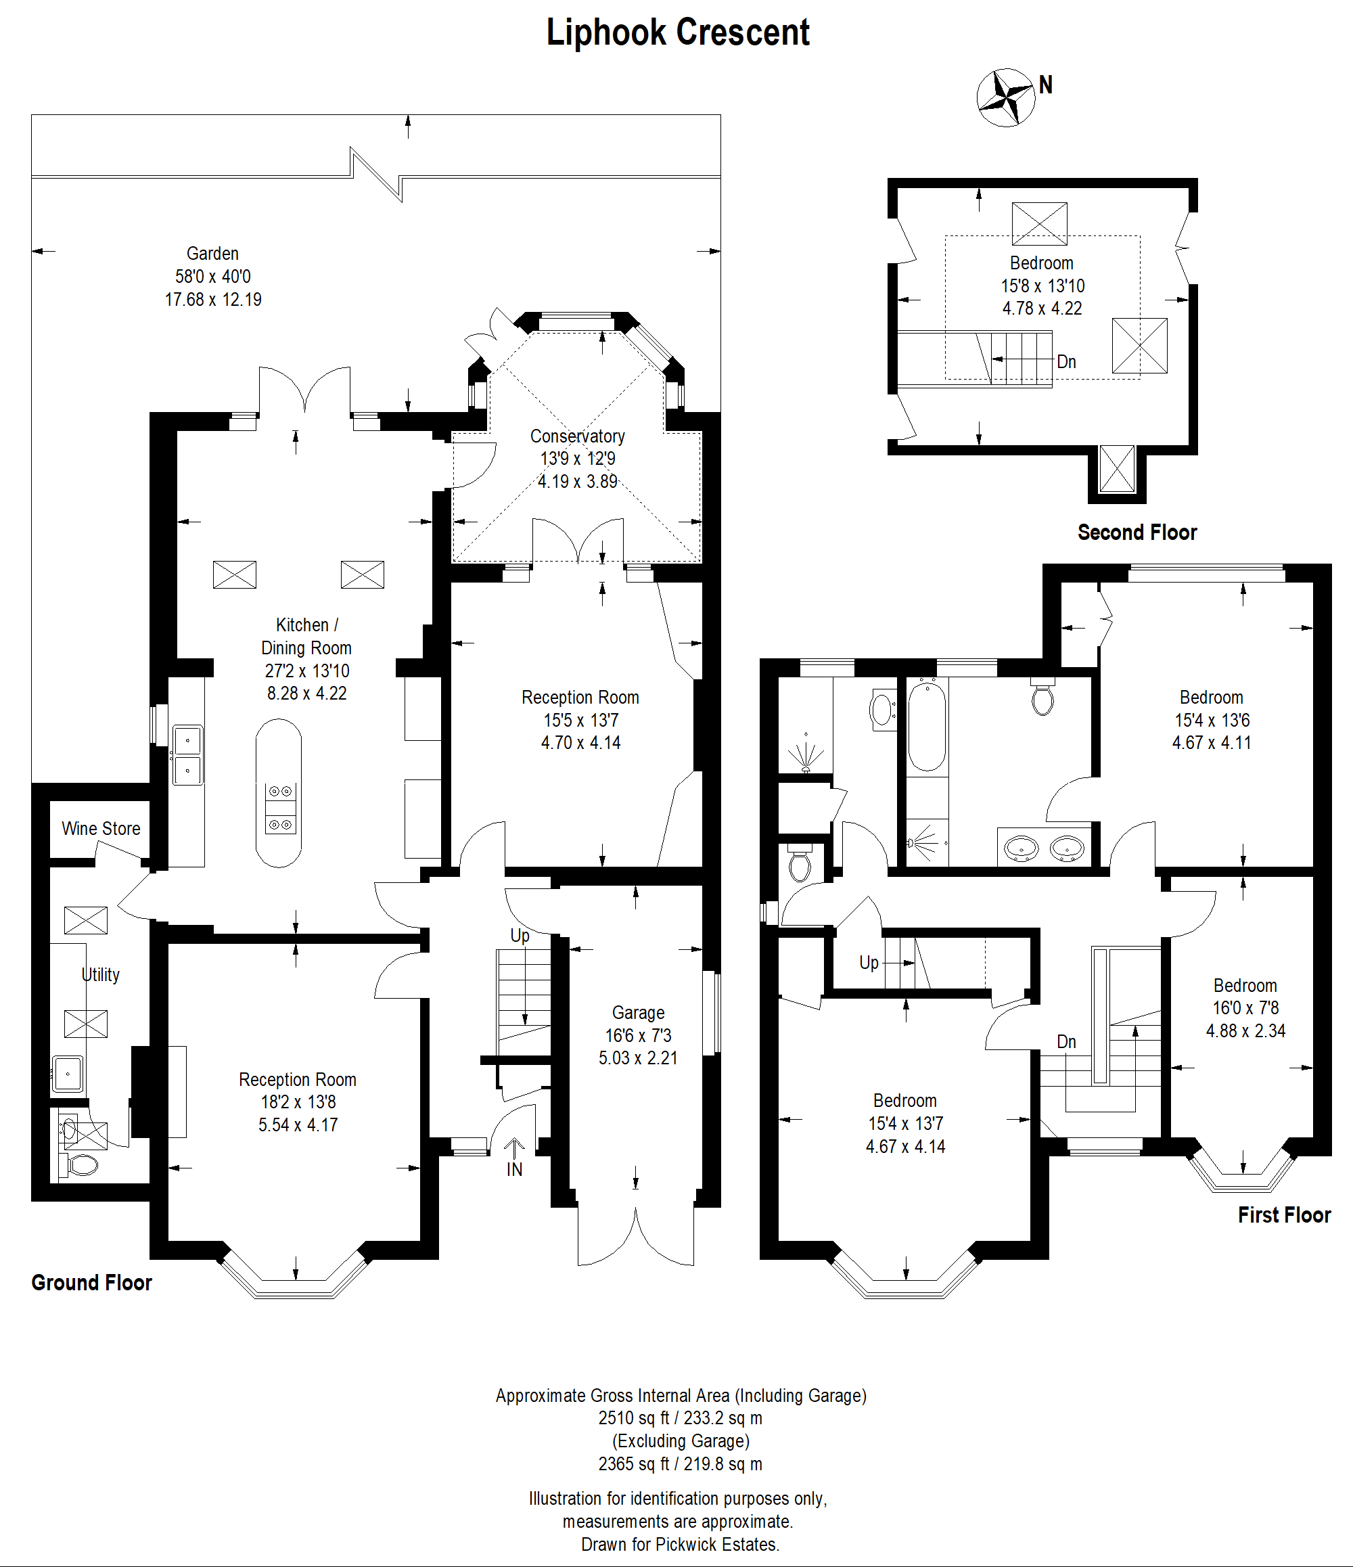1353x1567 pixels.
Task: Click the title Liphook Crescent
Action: coord(678,32)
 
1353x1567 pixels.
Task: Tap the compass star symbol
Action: coord(1006,97)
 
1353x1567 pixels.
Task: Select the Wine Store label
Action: coord(101,828)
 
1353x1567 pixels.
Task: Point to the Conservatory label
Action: coord(577,436)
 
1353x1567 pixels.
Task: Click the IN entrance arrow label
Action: coord(514,1169)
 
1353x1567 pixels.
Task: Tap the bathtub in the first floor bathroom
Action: coord(926,725)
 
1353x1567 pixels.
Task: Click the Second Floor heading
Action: coord(1137,532)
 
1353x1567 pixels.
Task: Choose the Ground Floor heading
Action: coord(91,1283)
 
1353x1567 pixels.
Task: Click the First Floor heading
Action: coord(1284,1214)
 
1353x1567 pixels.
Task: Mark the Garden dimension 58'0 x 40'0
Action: coord(213,277)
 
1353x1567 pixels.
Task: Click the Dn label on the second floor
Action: coord(1066,361)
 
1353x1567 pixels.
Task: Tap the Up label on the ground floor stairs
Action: coord(520,936)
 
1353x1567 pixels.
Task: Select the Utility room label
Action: coord(101,974)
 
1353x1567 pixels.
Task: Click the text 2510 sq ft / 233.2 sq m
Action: coord(680,1418)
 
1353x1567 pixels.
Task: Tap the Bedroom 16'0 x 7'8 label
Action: coord(1245,1008)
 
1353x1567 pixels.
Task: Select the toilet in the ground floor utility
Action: coord(82,1165)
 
